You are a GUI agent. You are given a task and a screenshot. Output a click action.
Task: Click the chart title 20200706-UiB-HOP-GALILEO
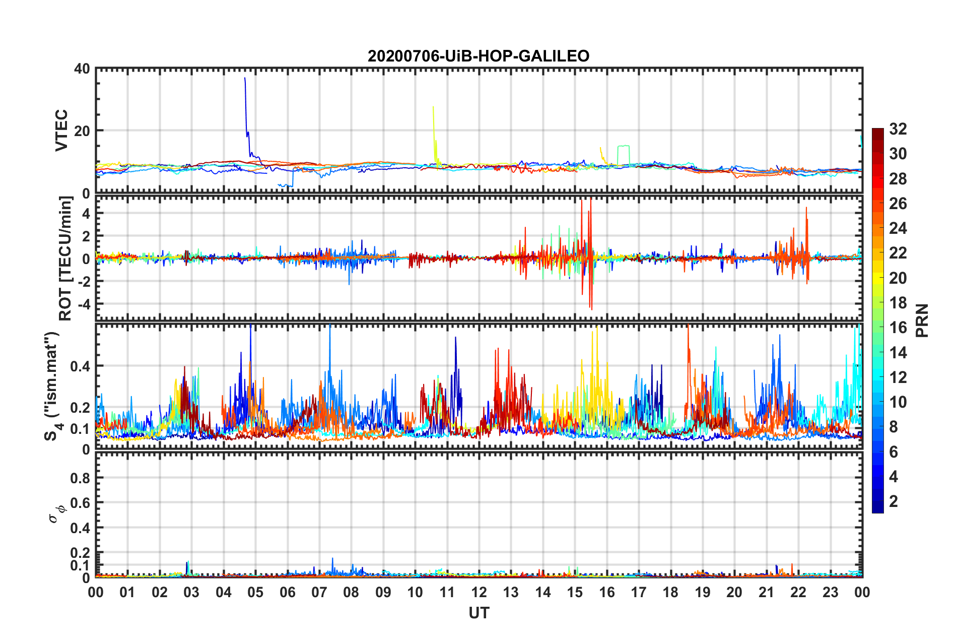pos(478,56)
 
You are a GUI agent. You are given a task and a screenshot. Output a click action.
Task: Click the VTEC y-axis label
pos(61,130)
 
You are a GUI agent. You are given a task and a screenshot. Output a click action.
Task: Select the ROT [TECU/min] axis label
pos(65,259)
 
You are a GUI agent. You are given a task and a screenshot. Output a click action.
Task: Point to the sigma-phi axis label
pos(54,515)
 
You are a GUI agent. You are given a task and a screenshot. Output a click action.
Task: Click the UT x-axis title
pos(478,613)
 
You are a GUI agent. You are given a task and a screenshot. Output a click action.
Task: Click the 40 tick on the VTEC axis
pos(82,69)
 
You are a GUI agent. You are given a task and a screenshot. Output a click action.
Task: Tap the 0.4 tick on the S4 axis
pos(80,366)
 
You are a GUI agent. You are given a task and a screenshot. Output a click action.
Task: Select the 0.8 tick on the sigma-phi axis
pos(80,478)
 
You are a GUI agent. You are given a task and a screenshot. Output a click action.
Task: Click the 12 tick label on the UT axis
pos(479,593)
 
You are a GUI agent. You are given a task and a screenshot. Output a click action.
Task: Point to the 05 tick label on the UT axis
pos(255,593)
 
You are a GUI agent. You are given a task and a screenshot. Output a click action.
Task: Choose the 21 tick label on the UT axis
pos(766,593)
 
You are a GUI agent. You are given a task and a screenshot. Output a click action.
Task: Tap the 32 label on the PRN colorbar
pos(898,129)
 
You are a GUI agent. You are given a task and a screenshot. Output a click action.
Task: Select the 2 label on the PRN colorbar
pos(894,501)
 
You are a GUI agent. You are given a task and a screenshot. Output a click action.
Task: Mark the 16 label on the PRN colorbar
pos(898,328)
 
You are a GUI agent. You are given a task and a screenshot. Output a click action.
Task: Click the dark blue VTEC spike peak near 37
pos(245,79)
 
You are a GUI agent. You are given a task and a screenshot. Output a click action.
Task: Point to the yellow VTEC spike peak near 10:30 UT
pos(433,107)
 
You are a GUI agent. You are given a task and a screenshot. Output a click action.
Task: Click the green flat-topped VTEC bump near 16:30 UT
pos(624,146)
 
